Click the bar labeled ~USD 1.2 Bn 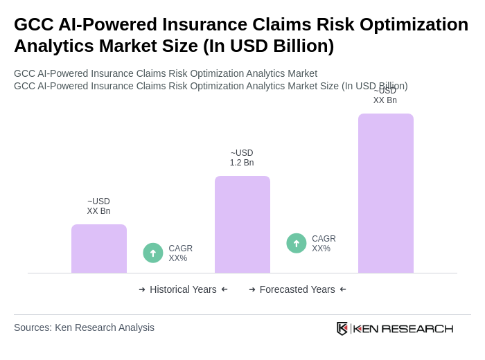tap(242, 224)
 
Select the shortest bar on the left tap(98, 249)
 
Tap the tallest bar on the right tap(385, 193)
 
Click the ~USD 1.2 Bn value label tap(242, 158)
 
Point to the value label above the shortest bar tap(98, 206)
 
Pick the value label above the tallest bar tap(385, 96)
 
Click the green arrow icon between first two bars tap(153, 253)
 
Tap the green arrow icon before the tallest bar tap(297, 243)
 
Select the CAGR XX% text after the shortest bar tap(180, 253)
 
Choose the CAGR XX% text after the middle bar tap(324, 244)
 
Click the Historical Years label tap(183, 289)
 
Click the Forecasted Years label tap(297, 289)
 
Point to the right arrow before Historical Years tap(142, 289)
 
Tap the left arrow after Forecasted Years tap(343, 289)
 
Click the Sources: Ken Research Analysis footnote tap(84, 327)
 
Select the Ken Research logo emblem tap(342, 328)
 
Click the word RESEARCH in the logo tap(417, 328)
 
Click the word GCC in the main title tap(33, 24)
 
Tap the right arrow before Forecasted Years tap(252, 289)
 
